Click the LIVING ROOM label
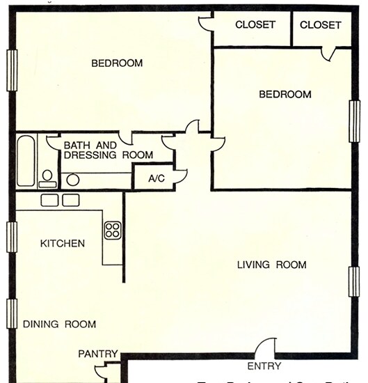pos(271,265)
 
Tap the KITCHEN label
pos(63,244)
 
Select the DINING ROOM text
pos(59,324)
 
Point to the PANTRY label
pos(97,354)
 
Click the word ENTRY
pos(264,366)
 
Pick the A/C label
pos(157,178)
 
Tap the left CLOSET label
pos(255,25)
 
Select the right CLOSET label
pos(321,25)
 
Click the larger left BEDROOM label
pos(117,63)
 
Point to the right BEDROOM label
pos(285,95)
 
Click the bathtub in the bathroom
pos(26,161)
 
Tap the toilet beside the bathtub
pos(47,178)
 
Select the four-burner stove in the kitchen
pos(113,230)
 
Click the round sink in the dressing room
pos(73,180)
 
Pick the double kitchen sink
pos(61,201)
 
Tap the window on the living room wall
pos(354,281)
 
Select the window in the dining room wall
pos(11,313)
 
